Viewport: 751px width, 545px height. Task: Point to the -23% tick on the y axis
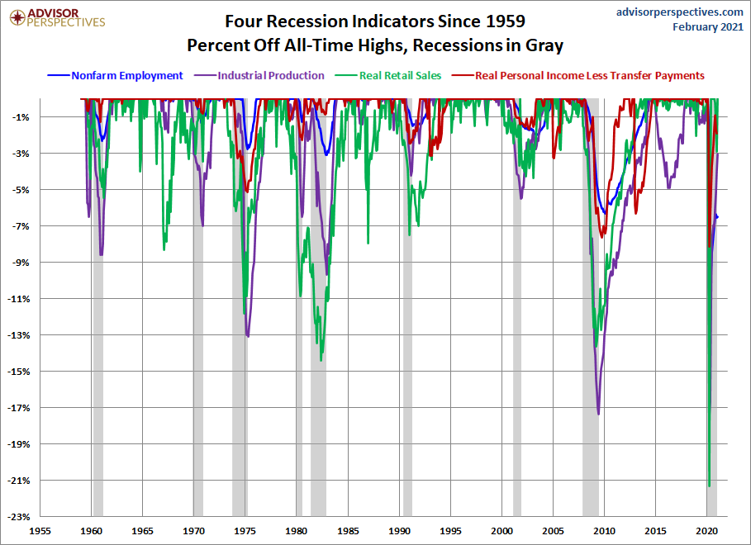point(17,517)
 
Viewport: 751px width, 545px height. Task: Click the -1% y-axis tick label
point(20,117)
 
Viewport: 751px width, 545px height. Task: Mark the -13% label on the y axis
point(17,335)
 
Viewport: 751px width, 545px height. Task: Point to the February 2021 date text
point(708,27)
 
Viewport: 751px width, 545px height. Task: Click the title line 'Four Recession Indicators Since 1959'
point(375,20)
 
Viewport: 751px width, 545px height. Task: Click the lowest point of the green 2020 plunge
point(709,486)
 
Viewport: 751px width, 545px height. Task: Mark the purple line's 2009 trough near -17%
point(598,413)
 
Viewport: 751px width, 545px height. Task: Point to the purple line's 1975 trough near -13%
point(248,336)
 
